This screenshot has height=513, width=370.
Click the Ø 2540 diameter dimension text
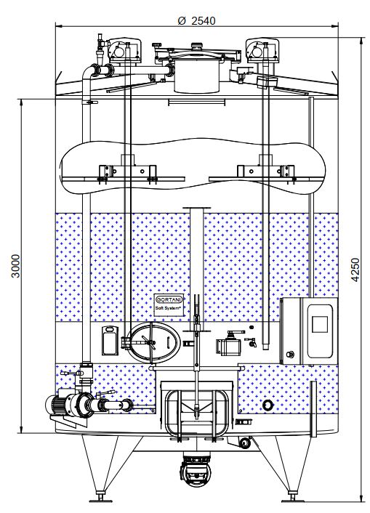(196, 21)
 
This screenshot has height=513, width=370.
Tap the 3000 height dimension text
(15, 266)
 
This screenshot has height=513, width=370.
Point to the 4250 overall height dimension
(355, 270)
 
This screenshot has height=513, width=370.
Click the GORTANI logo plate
(169, 299)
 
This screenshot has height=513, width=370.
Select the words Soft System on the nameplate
(169, 309)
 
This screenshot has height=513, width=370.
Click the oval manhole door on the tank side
(153, 342)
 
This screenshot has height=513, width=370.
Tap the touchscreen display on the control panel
(319, 324)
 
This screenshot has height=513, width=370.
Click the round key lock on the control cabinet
(290, 354)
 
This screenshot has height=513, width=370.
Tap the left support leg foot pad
(100, 499)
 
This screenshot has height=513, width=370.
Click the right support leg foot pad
(292, 499)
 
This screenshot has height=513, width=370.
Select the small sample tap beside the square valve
(252, 342)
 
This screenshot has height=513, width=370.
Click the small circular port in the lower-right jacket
(268, 405)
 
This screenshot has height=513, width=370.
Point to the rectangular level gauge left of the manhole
(110, 340)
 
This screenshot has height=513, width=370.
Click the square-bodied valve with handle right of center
(229, 345)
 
